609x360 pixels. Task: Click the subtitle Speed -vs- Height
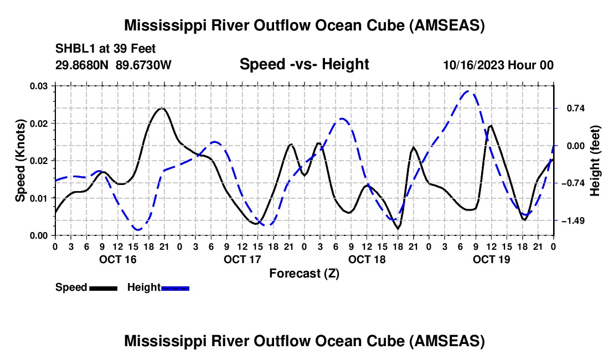coord(304,64)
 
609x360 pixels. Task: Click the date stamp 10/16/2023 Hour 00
coord(498,65)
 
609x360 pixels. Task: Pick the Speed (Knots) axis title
coord(20,161)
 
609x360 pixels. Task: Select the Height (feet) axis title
coord(595,161)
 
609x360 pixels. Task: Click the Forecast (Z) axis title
coord(304,273)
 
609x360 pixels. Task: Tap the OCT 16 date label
coord(117,259)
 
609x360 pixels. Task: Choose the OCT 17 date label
coord(242,259)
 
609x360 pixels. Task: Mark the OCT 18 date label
coord(367,259)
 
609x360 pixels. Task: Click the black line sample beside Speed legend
coord(103,288)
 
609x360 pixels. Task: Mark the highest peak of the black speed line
coord(161,108)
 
